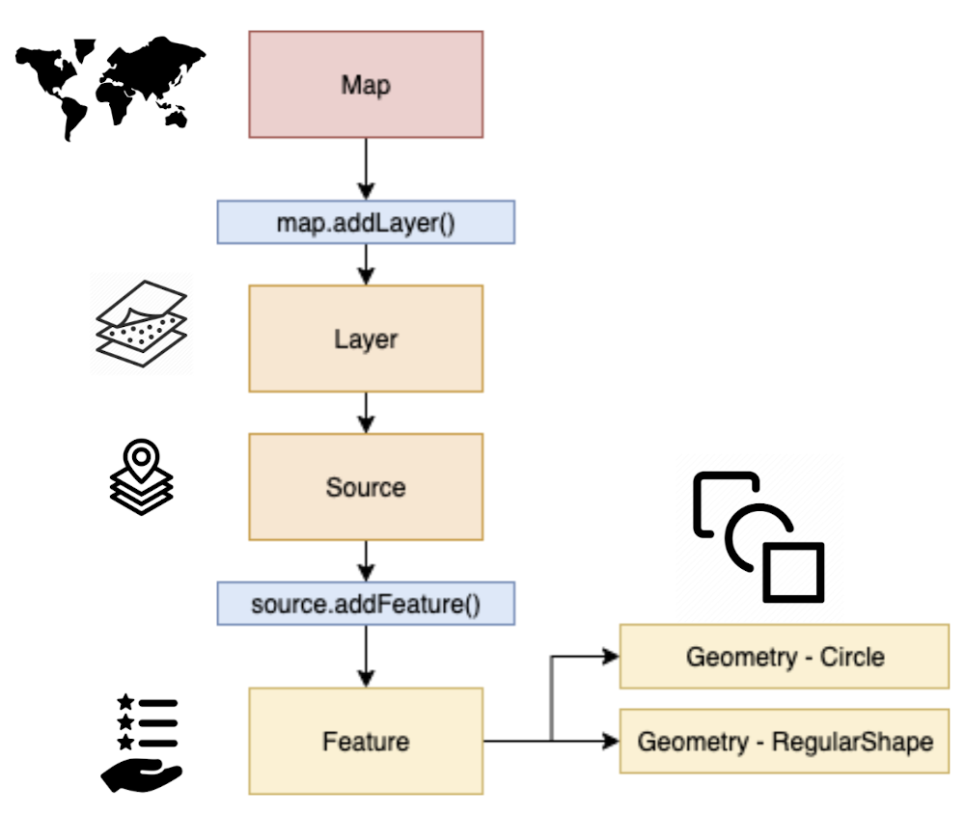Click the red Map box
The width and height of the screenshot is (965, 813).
click(366, 84)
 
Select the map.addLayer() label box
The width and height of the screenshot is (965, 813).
click(366, 222)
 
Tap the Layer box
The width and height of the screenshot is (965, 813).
click(366, 339)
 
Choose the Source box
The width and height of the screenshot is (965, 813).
click(366, 486)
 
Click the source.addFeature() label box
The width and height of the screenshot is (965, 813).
click(366, 605)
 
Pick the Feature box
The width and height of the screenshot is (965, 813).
click(366, 741)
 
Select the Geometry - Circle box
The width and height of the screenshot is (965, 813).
click(784, 657)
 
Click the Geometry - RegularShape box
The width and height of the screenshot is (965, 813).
click(784, 742)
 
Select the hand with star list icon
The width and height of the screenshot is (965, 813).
click(142, 742)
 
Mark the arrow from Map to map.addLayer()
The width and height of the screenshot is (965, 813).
click(366, 169)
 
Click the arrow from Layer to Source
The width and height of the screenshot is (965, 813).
click(366, 413)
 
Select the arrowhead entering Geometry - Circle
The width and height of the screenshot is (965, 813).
click(610, 657)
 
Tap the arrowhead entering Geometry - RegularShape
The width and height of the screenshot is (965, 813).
click(610, 742)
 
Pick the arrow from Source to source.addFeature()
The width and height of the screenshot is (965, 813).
click(366, 560)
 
